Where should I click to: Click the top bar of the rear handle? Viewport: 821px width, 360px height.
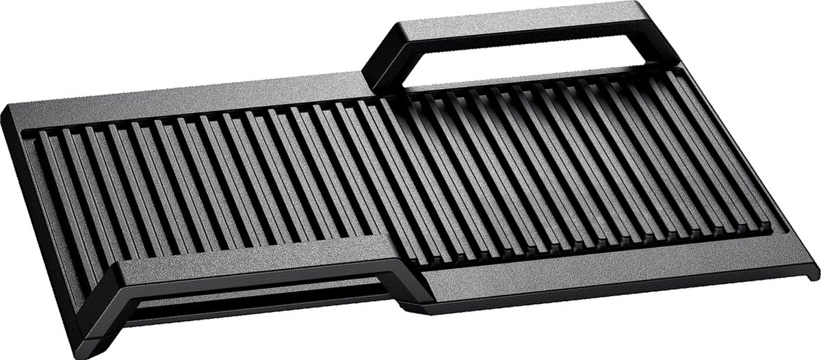pos(520,27)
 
